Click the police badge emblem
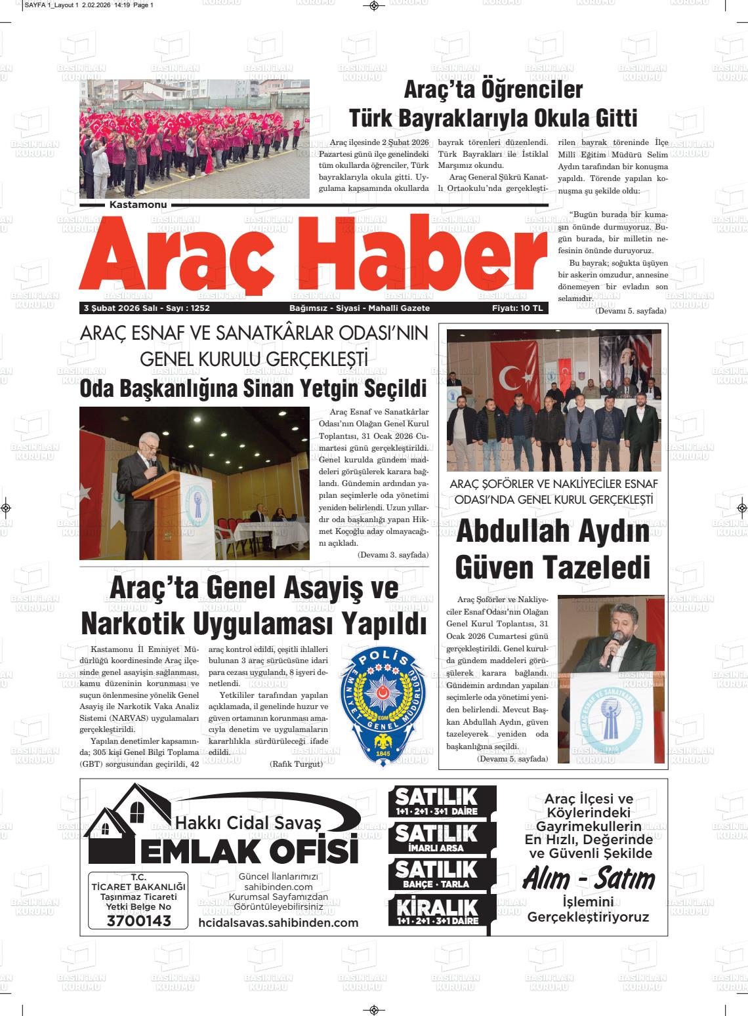pos(382,706)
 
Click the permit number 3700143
pos(138,920)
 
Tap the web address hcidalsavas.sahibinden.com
pos(278,923)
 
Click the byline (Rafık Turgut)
pos(296,764)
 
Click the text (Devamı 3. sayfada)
pos(392,555)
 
